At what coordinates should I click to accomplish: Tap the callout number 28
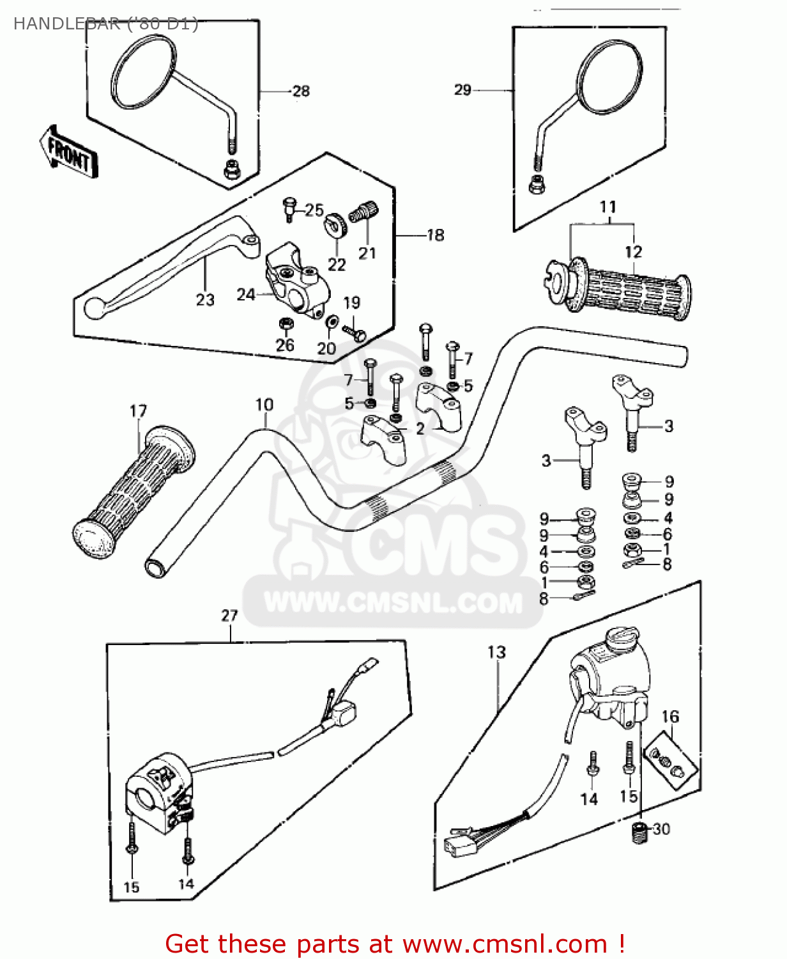[x=301, y=91]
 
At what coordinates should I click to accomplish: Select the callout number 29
[x=462, y=90]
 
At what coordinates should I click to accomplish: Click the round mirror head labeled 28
[x=144, y=72]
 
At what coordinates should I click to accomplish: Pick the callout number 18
[x=436, y=235]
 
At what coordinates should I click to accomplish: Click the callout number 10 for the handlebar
[x=264, y=405]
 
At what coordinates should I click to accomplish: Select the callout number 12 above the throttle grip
[x=633, y=252]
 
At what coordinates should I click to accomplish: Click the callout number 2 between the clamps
[x=420, y=428]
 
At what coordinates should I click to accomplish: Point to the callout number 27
[x=229, y=616]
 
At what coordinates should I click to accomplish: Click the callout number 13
[x=496, y=652]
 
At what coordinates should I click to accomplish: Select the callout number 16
[x=670, y=717]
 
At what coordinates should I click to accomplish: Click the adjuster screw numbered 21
[x=364, y=211]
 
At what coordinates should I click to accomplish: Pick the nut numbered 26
[x=286, y=324]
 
